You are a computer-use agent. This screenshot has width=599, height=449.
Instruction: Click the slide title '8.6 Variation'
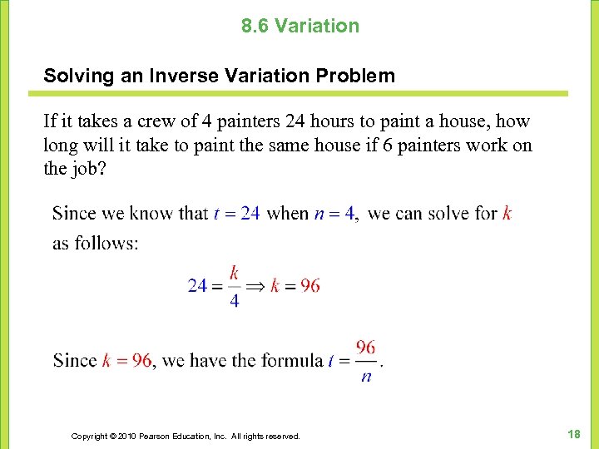coord(300,26)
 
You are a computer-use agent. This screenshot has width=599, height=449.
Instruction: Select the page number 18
coord(573,434)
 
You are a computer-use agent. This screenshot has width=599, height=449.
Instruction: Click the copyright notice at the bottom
coord(186,436)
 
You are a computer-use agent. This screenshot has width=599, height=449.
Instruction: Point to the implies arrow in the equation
coord(255,285)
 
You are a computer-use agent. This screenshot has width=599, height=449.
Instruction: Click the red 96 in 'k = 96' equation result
coord(309,285)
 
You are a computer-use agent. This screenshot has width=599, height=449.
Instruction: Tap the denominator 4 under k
coord(234,302)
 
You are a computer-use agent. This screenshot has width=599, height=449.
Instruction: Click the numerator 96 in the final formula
coord(365,347)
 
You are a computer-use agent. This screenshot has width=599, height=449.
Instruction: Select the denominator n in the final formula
coord(366,377)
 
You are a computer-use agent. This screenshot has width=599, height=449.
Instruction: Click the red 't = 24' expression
coord(237,213)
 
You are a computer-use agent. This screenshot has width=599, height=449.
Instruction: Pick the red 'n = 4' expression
coord(334,213)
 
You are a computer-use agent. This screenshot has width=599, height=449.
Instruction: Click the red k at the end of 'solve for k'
coord(507,213)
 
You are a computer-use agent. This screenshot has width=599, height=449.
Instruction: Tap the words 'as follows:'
coord(95,244)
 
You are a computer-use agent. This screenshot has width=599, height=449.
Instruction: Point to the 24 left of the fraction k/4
coord(198,285)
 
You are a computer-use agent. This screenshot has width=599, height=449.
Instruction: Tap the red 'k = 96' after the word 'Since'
coord(126,360)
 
